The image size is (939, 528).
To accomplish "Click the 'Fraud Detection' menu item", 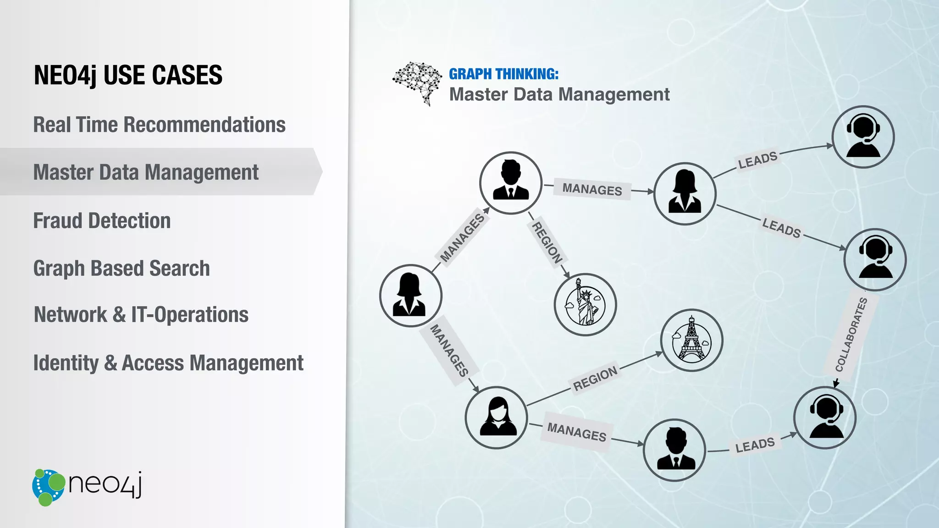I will point(102,220).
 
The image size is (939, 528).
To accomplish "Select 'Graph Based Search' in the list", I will point(122,268).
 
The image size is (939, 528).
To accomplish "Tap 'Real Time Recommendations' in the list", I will point(159,125).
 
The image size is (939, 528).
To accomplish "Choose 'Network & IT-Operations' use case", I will point(141,315).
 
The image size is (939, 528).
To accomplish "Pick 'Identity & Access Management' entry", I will point(168,363).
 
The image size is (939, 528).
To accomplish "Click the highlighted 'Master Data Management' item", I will point(146,172).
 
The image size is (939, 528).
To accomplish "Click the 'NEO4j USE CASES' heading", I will point(128,75).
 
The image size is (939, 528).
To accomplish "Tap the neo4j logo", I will point(87,487).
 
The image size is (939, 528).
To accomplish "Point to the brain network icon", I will point(417,82).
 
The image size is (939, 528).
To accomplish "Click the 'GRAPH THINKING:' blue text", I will point(503,74).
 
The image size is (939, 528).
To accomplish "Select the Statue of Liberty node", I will point(585,305).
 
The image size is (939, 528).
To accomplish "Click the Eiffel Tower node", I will point(691,340).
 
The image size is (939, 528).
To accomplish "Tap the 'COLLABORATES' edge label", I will point(851,335).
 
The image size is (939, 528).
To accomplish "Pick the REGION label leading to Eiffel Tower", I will point(596,379).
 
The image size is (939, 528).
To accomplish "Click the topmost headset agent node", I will point(863,137).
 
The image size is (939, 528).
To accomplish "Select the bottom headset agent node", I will point(825,418).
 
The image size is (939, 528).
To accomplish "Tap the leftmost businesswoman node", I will point(410,296).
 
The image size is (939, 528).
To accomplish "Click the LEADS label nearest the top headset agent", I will point(757,160).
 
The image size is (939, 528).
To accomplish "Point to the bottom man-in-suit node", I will point(674,450).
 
